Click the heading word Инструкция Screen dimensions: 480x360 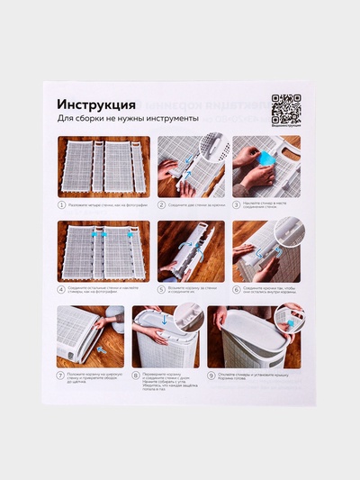(x=97, y=104)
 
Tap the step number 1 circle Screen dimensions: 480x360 (x=62, y=204)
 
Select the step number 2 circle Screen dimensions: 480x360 (x=162, y=204)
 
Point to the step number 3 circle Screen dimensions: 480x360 (x=237, y=204)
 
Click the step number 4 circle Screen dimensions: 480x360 (x=62, y=289)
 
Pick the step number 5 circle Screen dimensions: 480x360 (x=162, y=289)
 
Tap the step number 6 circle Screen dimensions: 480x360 (x=237, y=289)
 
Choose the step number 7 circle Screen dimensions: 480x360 (x=62, y=374)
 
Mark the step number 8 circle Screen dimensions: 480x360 (x=137, y=374)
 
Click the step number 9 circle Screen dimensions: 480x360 (x=212, y=374)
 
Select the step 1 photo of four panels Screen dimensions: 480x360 (x=103, y=167)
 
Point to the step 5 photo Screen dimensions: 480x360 (x=191, y=251)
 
